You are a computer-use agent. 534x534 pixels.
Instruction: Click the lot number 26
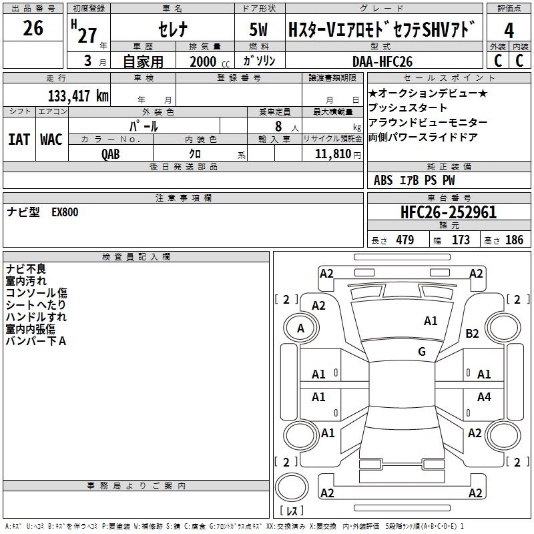[x=33, y=28]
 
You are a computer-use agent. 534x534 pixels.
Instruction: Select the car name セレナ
[x=172, y=29]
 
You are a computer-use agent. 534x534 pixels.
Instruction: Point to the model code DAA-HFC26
[x=382, y=61]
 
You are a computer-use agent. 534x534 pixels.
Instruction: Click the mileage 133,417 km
[x=78, y=95]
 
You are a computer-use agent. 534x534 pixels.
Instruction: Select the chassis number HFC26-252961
[x=449, y=212]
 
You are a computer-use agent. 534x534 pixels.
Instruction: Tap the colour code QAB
[x=111, y=153]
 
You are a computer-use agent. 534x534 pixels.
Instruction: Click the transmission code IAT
[x=19, y=140]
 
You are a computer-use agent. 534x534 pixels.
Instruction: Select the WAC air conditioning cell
[x=51, y=140]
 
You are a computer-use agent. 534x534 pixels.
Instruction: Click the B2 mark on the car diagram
[x=473, y=333]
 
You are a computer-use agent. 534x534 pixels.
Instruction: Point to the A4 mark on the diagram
[x=484, y=397]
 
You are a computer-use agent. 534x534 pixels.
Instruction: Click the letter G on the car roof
[x=422, y=351]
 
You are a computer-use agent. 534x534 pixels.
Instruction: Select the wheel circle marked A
[x=300, y=328]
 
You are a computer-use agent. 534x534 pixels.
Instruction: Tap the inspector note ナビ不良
[x=26, y=269]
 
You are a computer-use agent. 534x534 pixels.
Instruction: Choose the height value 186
[x=515, y=240]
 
